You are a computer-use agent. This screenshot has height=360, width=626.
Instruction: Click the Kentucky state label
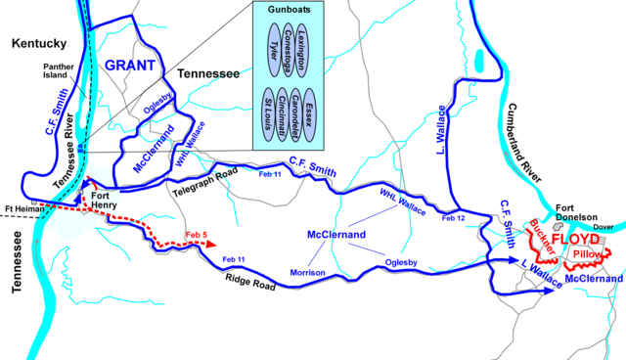pos(37,43)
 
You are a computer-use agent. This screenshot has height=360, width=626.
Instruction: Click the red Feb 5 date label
pos(197,234)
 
